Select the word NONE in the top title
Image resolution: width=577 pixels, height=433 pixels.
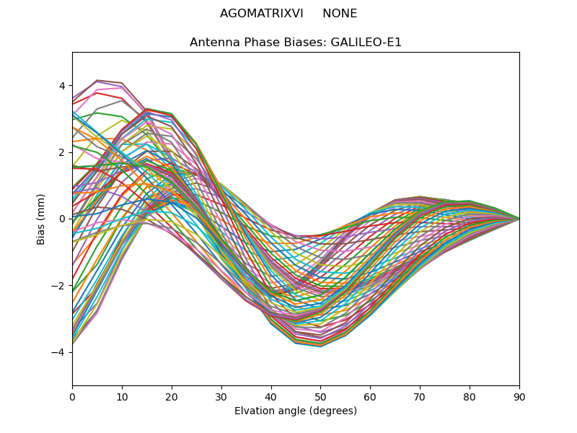click(x=340, y=14)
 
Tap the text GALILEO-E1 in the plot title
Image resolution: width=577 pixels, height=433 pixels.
click(x=366, y=43)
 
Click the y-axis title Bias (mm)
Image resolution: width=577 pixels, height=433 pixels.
click(x=42, y=219)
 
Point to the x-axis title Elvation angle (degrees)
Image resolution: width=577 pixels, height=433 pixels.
click(x=296, y=411)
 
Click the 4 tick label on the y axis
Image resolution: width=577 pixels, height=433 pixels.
click(x=62, y=86)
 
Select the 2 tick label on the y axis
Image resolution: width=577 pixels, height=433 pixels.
click(x=62, y=152)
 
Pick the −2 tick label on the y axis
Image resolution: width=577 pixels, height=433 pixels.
click(x=59, y=286)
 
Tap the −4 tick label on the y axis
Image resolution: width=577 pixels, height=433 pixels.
click(x=59, y=352)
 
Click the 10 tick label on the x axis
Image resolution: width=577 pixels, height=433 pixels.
click(x=122, y=396)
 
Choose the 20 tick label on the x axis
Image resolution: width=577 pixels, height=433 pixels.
click(x=172, y=396)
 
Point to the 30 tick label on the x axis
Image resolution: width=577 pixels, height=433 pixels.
click(x=221, y=396)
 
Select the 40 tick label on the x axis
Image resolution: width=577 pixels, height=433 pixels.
click(x=271, y=396)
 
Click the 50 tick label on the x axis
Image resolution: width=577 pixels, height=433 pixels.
click(x=320, y=396)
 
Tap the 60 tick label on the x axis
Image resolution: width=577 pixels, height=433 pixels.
click(x=370, y=396)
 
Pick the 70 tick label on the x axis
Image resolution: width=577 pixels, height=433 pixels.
click(x=420, y=396)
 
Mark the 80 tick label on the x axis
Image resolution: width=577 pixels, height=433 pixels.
click(x=470, y=396)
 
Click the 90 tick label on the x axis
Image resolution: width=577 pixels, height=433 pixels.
click(x=519, y=396)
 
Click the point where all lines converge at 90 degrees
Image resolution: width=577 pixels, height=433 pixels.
click(x=519, y=219)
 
